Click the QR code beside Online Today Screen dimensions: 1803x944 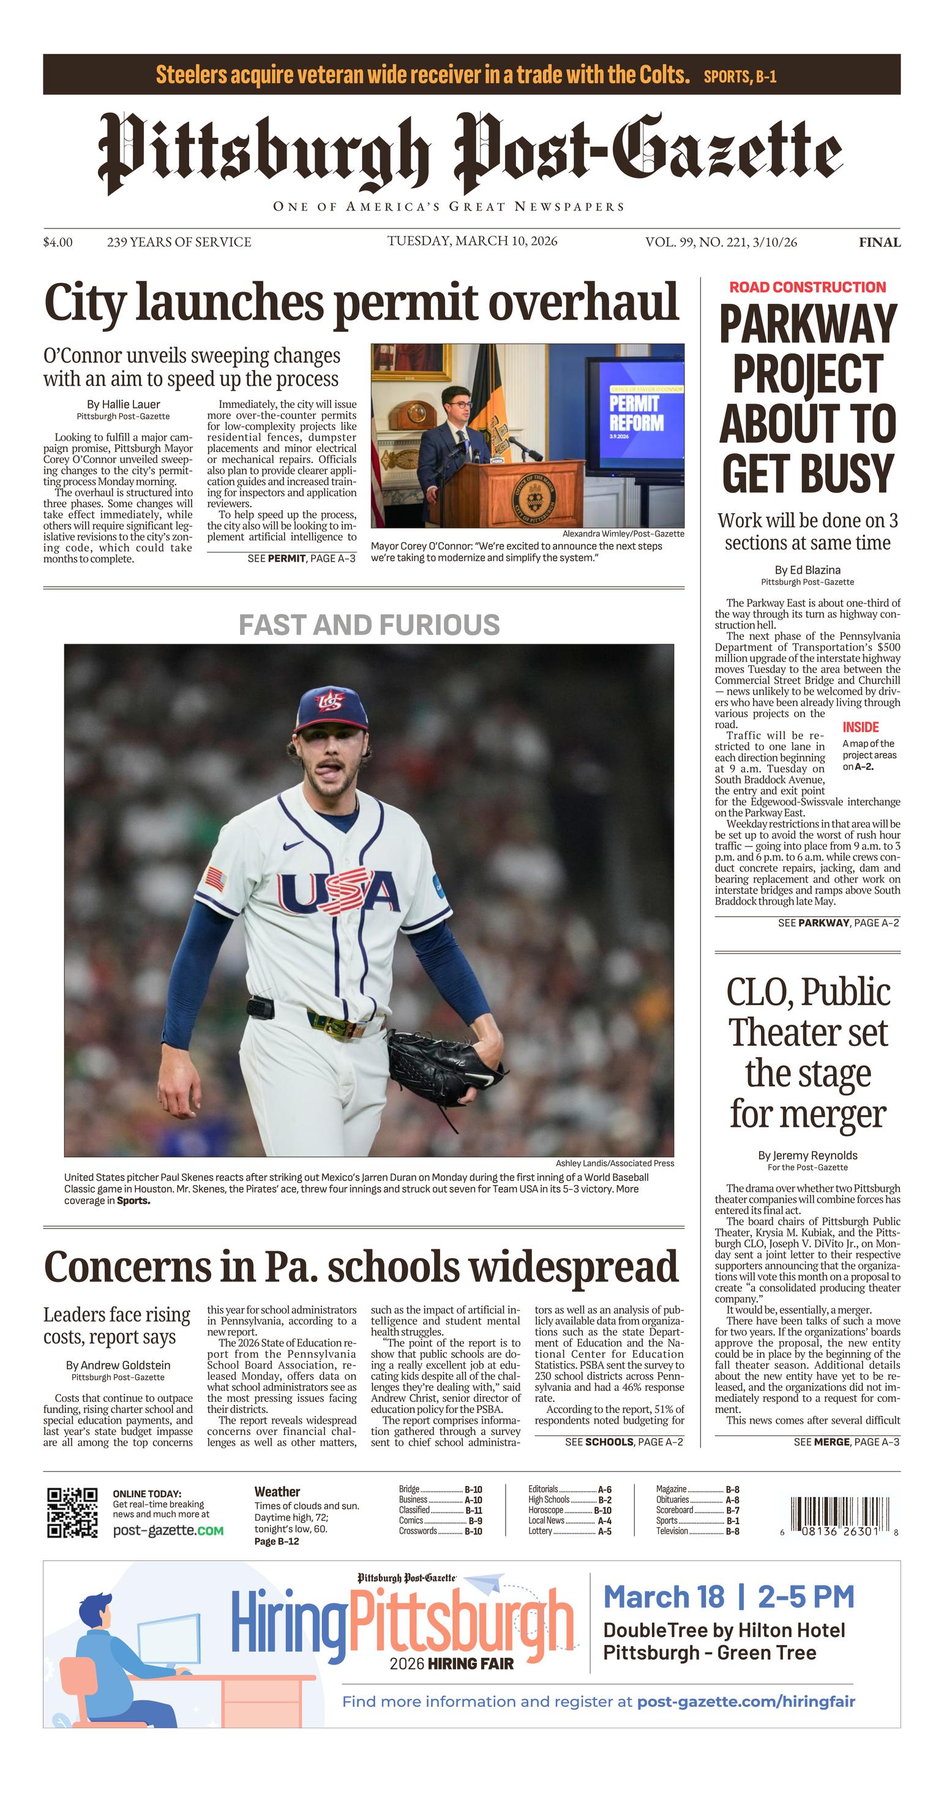click(x=72, y=1513)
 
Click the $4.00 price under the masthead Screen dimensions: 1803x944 click(x=58, y=242)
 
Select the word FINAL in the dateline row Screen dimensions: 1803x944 click(x=879, y=243)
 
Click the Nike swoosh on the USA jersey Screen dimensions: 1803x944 click(x=293, y=846)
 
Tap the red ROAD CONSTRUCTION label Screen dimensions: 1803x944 click(x=807, y=287)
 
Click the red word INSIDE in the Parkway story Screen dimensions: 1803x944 click(x=860, y=727)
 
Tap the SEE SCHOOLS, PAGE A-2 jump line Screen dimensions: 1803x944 click(x=623, y=1442)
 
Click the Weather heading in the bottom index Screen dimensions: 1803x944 click(x=277, y=1491)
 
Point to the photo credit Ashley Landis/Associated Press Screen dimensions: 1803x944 click(x=615, y=1163)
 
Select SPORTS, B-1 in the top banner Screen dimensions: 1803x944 click(x=740, y=77)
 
